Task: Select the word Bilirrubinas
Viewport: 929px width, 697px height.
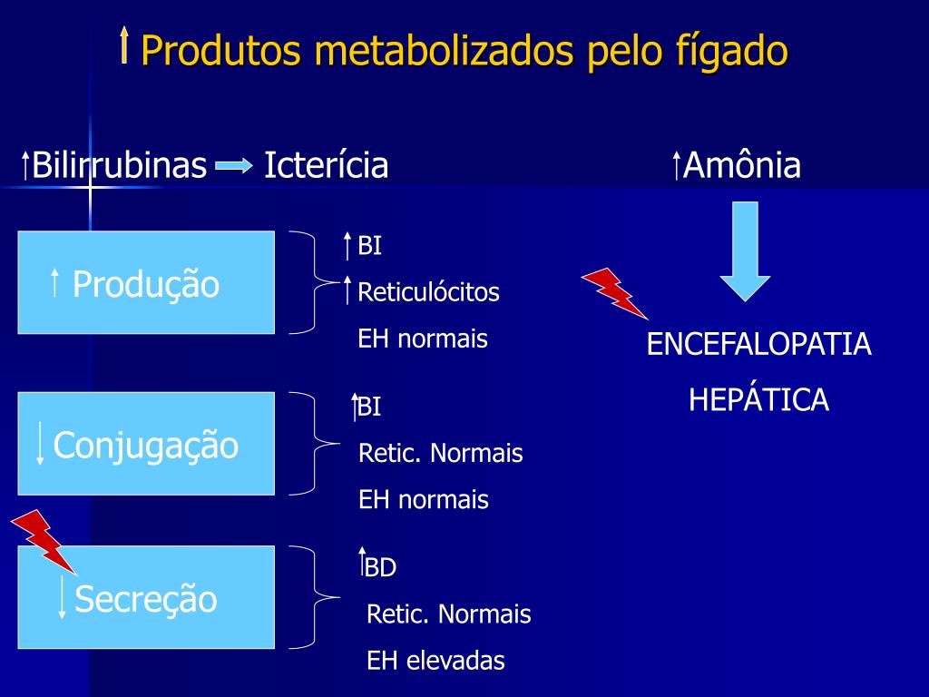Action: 119,166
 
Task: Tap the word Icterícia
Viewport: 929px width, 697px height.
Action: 327,166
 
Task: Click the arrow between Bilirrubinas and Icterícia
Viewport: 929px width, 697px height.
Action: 234,166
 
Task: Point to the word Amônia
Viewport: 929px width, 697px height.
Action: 742,166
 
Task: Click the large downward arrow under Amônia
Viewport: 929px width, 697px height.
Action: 745,250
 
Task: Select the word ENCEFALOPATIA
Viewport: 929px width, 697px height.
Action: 758,345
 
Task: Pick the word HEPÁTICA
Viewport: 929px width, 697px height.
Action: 758,399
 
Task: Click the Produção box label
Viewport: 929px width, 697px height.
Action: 146,284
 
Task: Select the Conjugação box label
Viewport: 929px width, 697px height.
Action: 146,445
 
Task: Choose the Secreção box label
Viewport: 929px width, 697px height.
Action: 146,599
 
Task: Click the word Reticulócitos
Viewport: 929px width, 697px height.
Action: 428,292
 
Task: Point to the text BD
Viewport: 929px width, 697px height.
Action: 381,568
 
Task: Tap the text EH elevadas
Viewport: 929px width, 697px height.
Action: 435,661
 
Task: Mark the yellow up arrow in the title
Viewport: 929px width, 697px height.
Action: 124,45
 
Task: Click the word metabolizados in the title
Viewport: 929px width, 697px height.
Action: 444,51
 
